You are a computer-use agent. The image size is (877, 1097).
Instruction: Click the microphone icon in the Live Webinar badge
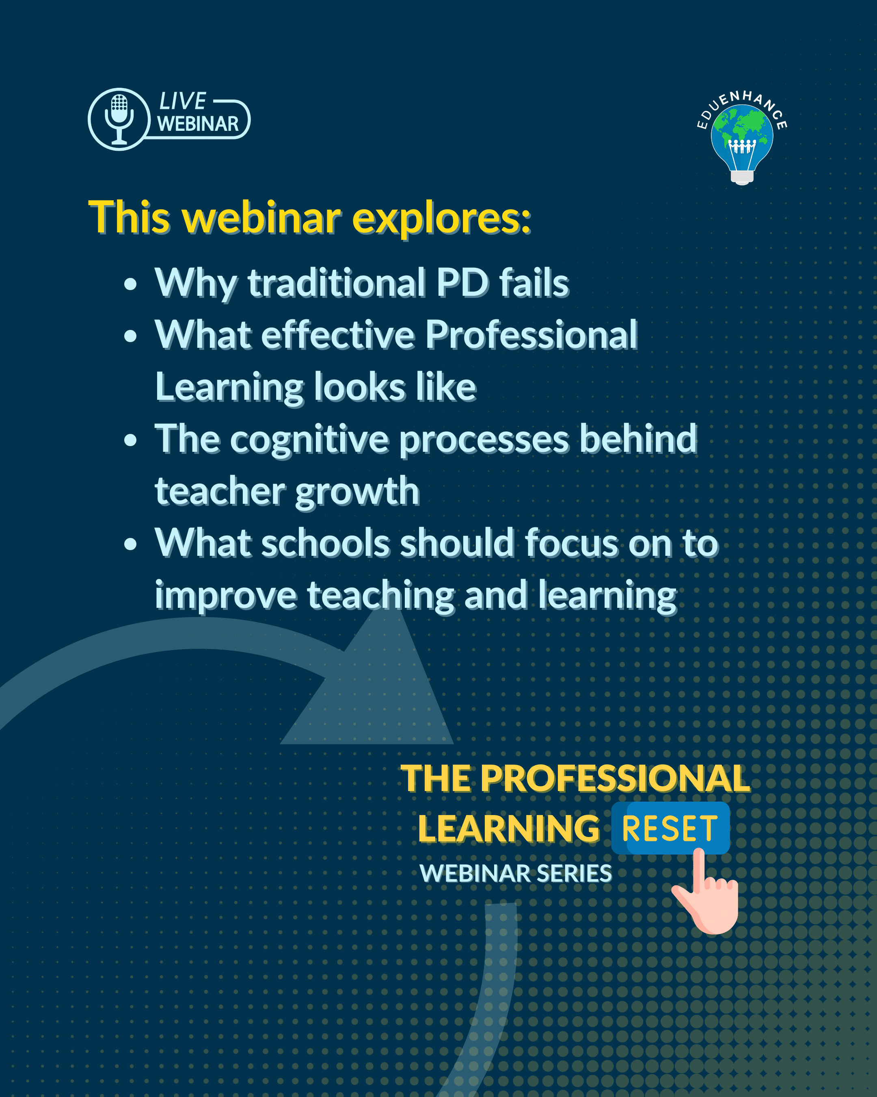pyautogui.click(x=119, y=119)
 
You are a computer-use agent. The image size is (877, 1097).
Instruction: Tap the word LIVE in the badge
pyautogui.click(x=183, y=101)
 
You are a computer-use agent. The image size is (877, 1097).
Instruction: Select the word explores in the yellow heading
pyautogui.click(x=441, y=218)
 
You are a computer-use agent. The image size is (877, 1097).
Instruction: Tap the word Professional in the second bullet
pyautogui.click(x=531, y=335)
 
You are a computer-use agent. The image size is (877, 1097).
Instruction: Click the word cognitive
pyautogui.click(x=310, y=440)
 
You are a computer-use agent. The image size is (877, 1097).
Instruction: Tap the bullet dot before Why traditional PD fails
pyautogui.click(x=131, y=284)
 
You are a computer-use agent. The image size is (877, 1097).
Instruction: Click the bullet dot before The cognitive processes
pyautogui.click(x=131, y=440)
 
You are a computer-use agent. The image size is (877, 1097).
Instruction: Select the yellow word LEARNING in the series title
pyautogui.click(x=509, y=828)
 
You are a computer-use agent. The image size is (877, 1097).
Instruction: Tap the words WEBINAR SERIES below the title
pyautogui.click(x=516, y=873)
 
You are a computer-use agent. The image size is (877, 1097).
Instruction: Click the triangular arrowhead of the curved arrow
pyautogui.click(x=371, y=682)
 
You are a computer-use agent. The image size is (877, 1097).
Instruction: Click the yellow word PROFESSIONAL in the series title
pyautogui.click(x=615, y=778)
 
